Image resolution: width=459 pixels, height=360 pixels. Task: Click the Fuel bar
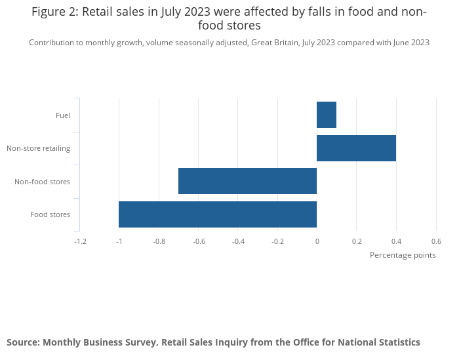(327, 115)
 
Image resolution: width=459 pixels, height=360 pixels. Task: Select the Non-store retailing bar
(356, 148)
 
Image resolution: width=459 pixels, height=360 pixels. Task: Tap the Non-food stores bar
(247, 181)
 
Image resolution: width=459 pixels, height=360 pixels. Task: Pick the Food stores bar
(218, 214)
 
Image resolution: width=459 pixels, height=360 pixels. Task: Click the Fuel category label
(63, 115)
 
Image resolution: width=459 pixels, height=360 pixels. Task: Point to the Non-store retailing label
(38, 148)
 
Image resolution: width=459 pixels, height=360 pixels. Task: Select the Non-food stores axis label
(42, 182)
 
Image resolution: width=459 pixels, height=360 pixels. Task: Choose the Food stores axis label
(50, 214)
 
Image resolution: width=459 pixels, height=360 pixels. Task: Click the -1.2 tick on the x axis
(80, 241)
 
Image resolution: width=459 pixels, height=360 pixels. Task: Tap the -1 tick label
(119, 241)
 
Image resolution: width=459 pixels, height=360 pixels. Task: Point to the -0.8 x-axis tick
(159, 241)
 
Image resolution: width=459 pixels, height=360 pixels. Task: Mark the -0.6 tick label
(198, 241)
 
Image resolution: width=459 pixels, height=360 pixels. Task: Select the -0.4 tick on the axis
(238, 241)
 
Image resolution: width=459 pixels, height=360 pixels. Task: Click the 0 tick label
(317, 241)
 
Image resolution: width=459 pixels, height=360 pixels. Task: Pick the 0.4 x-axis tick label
(396, 241)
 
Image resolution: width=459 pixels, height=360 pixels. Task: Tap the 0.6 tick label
(435, 241)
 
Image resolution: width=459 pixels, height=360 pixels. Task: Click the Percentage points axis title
(403, 255)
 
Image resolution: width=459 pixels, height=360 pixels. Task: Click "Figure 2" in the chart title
(54, 12)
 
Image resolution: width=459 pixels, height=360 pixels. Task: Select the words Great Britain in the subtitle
(275, 43)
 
